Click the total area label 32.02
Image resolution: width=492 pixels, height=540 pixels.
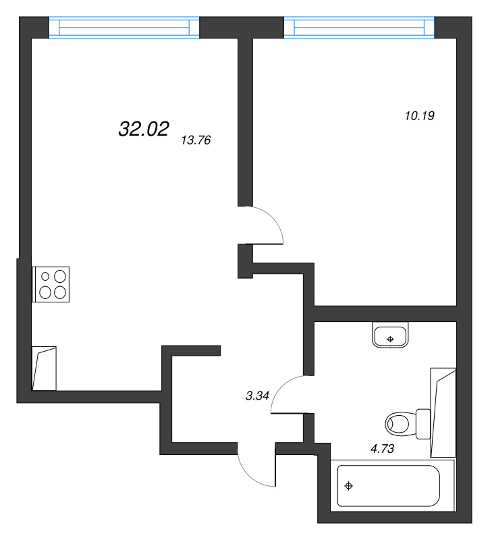[144, 129]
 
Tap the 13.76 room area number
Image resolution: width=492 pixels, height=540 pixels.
[196, 140]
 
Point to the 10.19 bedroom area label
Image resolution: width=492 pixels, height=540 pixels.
[420, 115]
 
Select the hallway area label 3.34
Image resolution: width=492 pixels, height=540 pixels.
[257, 396]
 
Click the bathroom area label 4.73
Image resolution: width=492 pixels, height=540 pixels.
[382, 449]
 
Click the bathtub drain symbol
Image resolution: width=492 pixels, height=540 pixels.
[349, 486]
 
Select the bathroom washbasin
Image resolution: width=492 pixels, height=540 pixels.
[390, 335]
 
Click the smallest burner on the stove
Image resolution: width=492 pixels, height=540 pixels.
[45, 276]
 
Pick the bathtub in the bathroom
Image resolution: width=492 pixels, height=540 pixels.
[389, 486]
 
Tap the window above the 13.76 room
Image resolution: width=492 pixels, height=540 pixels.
[124, 28]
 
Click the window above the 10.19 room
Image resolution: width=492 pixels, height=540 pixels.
[359, 28]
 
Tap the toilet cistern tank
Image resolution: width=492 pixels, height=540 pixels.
[423, 424]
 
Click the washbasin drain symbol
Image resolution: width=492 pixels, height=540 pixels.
[390, 340]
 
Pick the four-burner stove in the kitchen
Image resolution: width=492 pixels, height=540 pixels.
[51, 284]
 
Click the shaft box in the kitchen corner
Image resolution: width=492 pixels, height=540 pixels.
[44, 369]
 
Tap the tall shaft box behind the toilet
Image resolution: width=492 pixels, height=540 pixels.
[443, 412]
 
